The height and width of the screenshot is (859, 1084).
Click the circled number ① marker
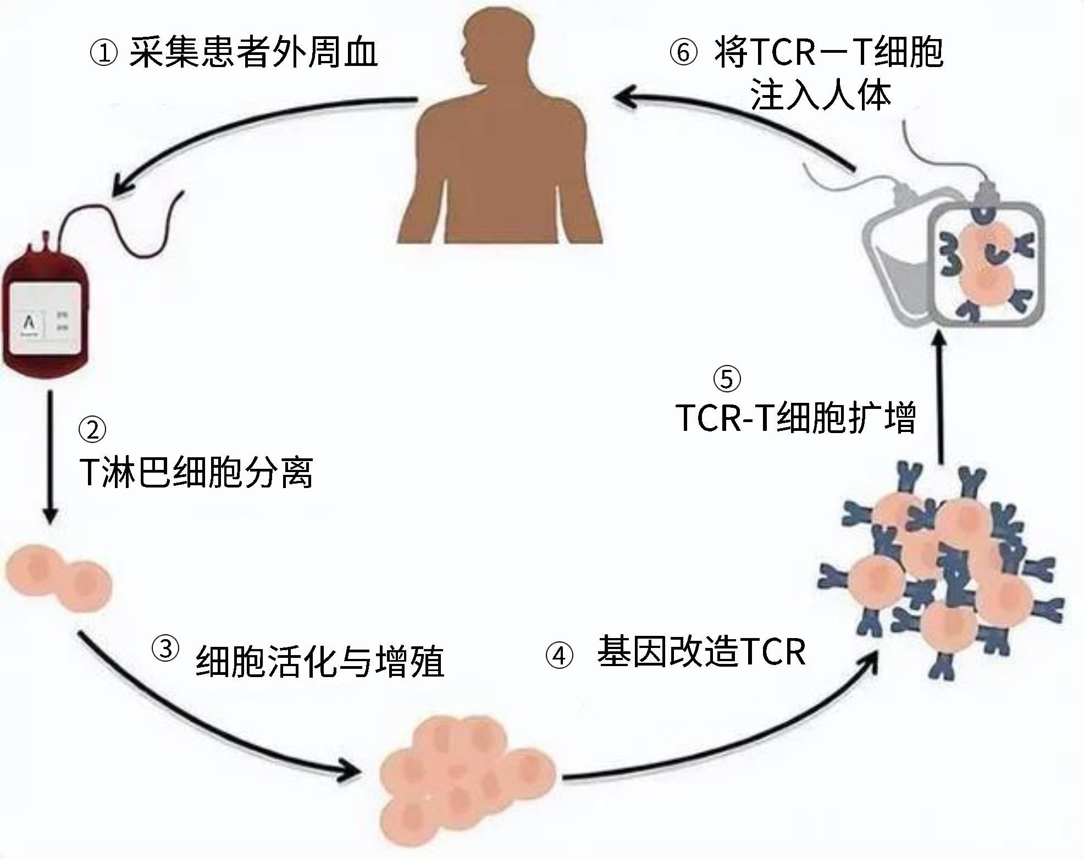coord(103,54)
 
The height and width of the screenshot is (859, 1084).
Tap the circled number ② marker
coord(92,429)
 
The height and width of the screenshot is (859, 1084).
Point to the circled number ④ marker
coord(559,656)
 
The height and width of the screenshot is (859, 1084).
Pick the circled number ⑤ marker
coord(727,379)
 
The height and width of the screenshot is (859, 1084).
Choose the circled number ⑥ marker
coord(683,53)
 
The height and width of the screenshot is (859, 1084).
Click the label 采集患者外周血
coord(253,53)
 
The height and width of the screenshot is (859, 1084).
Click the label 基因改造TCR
coord(701,652)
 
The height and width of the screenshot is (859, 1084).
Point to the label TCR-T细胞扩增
coord(795,418)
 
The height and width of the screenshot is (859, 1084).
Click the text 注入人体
coord(820,96)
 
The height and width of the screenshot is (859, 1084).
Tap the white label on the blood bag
coord(45,319)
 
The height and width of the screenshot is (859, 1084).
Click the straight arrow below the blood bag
coord(51,456)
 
